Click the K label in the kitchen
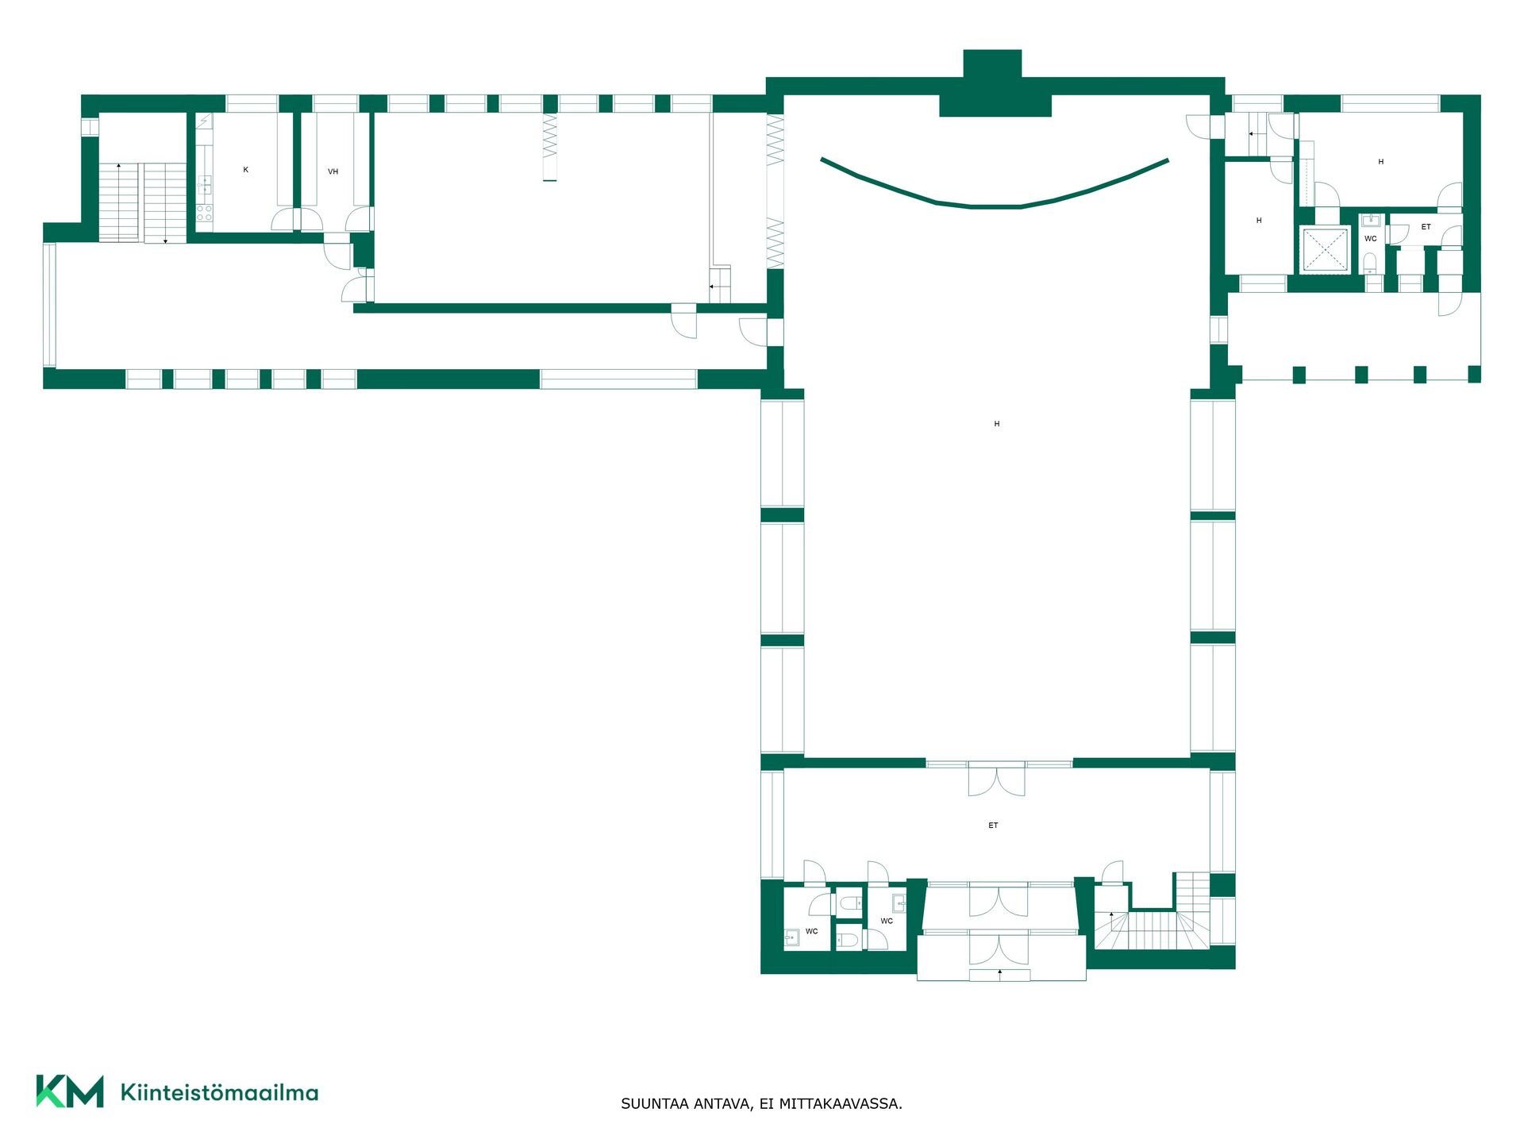(x=246, y=170)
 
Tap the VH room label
(x=333, y=171)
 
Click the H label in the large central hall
(x=997, y=424)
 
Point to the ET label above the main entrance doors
(x=993, y=825)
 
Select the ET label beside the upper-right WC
(x=1426, y=227)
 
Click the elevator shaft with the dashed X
(x=1325, y=249)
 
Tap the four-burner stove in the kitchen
(x=205, y=213)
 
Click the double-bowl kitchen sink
(x=205, y=185)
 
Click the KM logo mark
(x=70, y=1091)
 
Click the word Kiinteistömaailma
(x=219, y=1093)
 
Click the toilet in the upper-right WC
(x=1370, y=262)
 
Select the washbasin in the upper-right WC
(x=1371, y=220)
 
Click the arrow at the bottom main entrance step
(x=1000, y=972)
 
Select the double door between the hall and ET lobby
(x=996, y=779)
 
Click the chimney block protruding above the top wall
(x=992, y=63)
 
